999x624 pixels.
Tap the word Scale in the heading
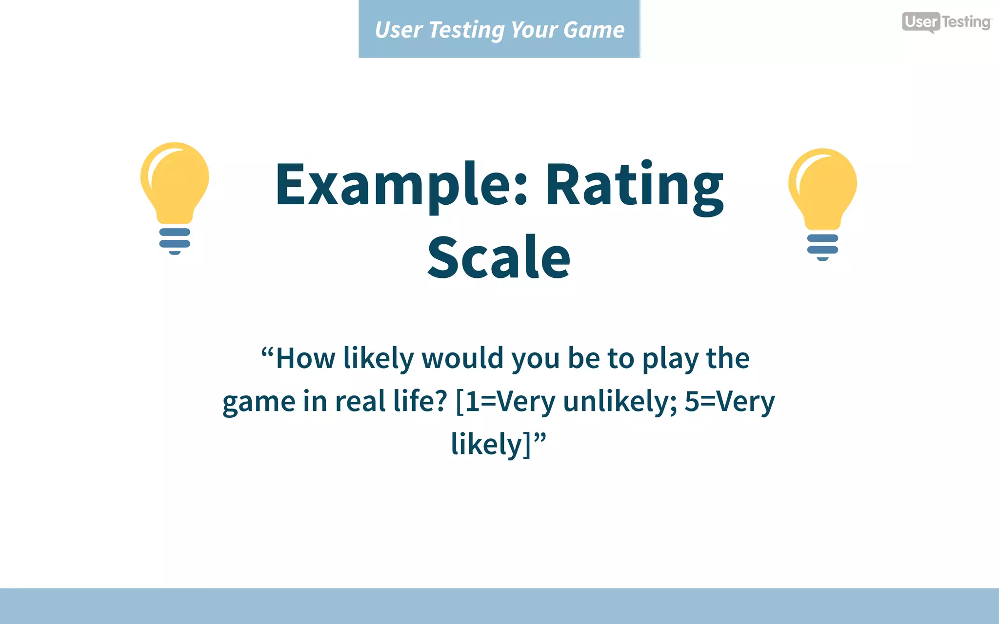coord(499,257)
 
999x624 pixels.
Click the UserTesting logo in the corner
coord(946,22)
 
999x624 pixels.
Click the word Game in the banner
coord(594,30)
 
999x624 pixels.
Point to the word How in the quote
coord(305,358)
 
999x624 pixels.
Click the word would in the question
coord(462,358)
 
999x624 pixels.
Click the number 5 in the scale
coord(692,402)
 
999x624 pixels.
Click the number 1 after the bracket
coord(472,402)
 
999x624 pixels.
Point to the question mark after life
coord(440,401)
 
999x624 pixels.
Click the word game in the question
coord(259,403)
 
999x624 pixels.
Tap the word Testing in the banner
coord(466,31)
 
